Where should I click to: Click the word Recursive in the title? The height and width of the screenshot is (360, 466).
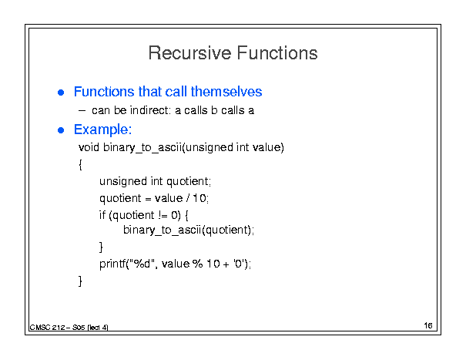coord(190,53)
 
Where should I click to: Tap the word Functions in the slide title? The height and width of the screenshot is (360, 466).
coord(277,53)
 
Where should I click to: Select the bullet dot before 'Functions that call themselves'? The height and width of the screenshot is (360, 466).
coord(61,93)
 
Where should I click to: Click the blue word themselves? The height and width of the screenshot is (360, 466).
coord(226,91)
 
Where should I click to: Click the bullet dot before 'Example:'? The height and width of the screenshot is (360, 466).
coord(61,130)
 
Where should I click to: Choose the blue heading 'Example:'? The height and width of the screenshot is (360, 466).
coord(103,130)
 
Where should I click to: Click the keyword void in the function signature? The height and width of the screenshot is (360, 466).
coord(89,147)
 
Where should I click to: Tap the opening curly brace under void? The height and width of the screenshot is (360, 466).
coord(80,164)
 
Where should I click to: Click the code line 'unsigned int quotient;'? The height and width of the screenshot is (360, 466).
coord(155,181)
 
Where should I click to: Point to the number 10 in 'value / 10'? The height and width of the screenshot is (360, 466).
coord(199,198)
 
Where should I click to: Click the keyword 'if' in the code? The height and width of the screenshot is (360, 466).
coord(102,215)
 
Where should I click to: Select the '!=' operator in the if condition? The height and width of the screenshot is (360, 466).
coord(163,215)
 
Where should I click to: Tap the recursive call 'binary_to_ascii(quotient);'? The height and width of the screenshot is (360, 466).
coord(189,230)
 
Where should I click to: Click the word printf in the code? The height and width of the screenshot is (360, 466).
coord(112,264)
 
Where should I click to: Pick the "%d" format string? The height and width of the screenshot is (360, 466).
coord(142,263)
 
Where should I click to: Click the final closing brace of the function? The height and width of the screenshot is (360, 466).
coord(80,281)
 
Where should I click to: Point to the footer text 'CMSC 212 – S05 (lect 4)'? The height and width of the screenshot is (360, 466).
coord(69,328)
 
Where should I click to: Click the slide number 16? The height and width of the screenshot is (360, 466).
coord(428,325)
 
